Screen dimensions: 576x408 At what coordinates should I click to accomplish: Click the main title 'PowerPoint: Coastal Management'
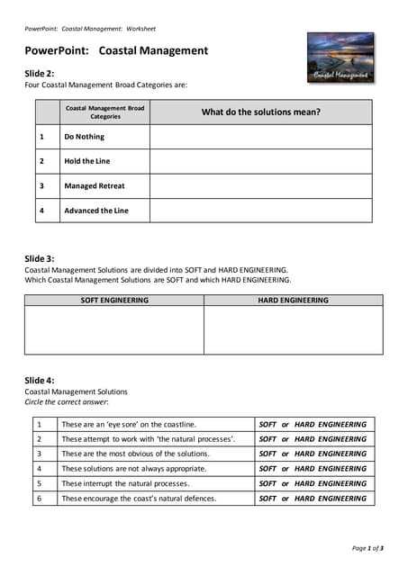point(116,51)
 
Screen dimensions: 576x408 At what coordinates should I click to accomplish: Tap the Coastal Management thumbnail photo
point(340,58)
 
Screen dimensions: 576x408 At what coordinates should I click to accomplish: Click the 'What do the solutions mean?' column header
point(260,112)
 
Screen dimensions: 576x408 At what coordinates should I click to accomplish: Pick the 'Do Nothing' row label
point(84,137)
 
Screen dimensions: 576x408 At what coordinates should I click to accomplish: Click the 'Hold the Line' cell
point(86,161)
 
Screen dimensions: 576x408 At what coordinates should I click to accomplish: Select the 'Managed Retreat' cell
point(94,186)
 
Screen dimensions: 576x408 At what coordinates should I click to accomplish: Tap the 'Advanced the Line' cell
point(95,211)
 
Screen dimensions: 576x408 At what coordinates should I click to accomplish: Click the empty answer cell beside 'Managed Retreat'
point(260,186)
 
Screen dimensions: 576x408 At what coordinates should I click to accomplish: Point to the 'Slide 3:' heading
point(40,258)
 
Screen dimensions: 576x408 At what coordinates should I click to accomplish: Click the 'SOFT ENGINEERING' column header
point(114,301)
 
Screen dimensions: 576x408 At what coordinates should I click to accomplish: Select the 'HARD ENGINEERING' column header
point(293,301)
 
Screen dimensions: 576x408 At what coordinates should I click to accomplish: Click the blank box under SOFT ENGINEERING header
point(114,330)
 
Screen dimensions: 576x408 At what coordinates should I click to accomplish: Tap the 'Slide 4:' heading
point(40,381)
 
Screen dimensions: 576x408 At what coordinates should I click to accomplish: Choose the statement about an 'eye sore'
point(128,424)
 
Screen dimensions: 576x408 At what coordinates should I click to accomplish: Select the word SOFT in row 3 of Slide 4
point(267,454)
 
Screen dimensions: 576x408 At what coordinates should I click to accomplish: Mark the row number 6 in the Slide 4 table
point(39,498)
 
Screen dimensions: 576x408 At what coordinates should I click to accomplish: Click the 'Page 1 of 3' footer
point(367,548)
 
